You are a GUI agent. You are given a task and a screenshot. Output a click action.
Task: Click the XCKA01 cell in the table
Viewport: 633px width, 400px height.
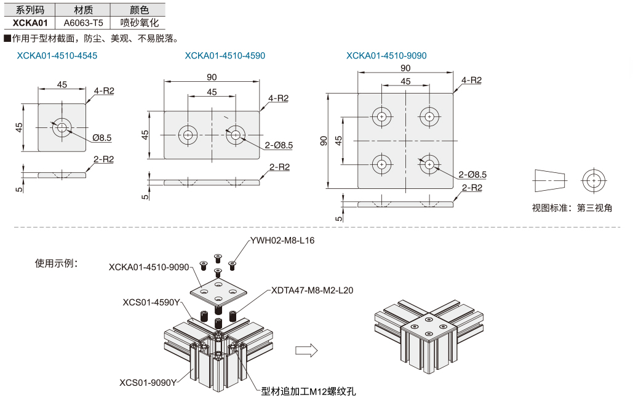click(30, 23)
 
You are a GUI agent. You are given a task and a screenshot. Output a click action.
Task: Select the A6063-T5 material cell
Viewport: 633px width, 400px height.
click(83, 23)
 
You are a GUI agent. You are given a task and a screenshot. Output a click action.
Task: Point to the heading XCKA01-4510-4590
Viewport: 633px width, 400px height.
click(225, 55)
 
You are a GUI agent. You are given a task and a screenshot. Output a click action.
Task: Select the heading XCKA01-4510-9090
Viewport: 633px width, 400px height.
click(386, 55)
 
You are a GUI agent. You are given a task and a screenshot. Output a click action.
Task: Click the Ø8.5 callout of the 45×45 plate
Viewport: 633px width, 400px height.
click(102, 138)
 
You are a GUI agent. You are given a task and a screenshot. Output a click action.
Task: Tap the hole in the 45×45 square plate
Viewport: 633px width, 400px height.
click(62, 127)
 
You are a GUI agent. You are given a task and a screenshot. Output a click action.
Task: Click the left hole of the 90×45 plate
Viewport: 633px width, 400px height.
click(188, 135)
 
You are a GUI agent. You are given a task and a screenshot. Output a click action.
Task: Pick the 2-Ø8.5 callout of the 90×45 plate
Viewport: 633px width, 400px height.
click(279, 145)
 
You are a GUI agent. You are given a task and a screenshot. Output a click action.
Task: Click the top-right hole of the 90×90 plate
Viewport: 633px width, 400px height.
click(429, 116)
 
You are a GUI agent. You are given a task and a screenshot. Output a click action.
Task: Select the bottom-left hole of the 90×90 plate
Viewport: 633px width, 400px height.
click(382, 164)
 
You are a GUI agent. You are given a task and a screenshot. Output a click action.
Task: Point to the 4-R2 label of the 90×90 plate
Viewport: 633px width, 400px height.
click(471, 80)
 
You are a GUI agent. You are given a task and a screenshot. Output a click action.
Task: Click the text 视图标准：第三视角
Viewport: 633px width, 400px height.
click(572, 207)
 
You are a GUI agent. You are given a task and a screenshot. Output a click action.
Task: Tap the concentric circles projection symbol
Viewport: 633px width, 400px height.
click(593, 180)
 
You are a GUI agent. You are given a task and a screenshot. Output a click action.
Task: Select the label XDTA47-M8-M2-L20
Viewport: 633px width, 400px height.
click(312, 290)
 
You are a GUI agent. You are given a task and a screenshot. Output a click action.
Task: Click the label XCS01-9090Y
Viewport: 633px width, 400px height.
click(148, 382)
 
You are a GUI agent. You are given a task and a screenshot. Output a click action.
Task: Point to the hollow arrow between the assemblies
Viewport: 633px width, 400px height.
click(306, 350)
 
